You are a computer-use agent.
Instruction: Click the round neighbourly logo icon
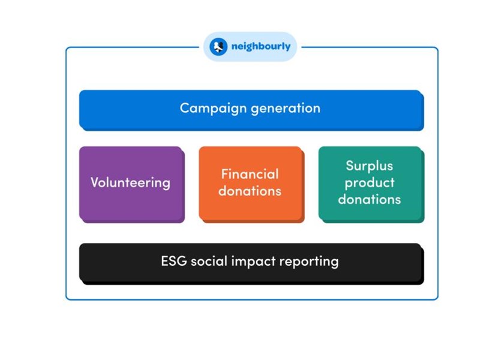pos(218,47)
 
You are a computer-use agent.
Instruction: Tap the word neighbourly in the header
pos(260,47)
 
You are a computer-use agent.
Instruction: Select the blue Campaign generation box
pos(251,110)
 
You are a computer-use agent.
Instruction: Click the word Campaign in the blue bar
pos(214,109)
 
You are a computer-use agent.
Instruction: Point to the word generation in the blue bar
pos(286,109)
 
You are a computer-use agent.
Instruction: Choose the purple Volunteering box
pos(132,185)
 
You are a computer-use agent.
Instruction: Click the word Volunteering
pos(131,183)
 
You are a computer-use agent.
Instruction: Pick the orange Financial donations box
pos(251,185)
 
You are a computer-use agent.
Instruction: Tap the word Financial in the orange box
pos(250,174)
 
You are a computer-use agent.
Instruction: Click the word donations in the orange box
pos(250,191)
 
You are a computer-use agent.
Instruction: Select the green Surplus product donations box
pos(371,185)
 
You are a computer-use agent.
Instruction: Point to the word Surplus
pos(370,166)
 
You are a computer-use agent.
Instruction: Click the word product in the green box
pos(370,183)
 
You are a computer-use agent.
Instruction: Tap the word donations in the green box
pos(370,199)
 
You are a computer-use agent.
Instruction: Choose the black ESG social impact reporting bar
pos(251,264)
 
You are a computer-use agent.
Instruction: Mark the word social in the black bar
pos(209,260)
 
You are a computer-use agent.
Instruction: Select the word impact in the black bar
pos(254,262)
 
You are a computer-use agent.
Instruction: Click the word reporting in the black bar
pos(309,262)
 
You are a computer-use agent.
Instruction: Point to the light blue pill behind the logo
pos(250,47)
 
